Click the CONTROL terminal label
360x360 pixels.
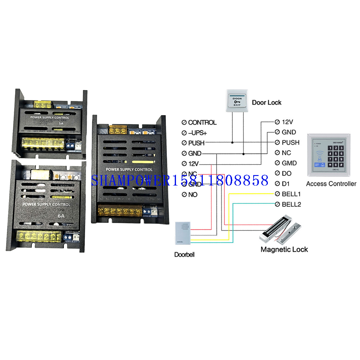click(202, 123)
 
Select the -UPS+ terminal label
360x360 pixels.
click(197, 133)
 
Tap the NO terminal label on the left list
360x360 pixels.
click(193, 195)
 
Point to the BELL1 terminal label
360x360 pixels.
click(291, 194)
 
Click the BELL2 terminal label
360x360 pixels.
click(291, 205)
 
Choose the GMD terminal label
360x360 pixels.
click(289, 163)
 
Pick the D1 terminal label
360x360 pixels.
click(285, 184)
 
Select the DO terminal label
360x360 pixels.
click(286, 174)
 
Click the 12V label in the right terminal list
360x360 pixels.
click(287, 122)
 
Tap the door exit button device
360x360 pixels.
click(237, 101)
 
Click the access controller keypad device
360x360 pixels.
click(329, 156)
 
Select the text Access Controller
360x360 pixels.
click(331, 184)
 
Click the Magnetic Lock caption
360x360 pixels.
click(284, 250)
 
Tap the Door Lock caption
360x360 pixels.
click(267, 103)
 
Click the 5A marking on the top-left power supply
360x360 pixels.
click(61, 123)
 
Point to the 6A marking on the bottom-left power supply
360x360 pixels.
click(61, 216)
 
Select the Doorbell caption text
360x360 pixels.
click(184, 255)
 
